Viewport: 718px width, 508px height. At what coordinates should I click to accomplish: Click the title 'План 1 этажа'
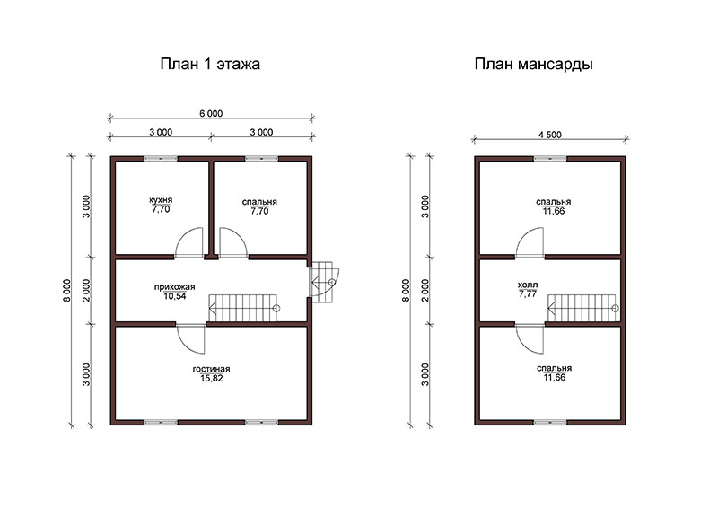point(210,64)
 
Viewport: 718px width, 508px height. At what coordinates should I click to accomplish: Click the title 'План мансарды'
point(533,64)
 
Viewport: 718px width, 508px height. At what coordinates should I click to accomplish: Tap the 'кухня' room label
point(161,200)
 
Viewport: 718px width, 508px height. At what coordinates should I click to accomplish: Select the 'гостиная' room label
point(211,369)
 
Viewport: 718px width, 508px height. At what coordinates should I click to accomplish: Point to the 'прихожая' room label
point(174,287)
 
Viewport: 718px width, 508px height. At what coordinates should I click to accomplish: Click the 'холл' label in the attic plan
point(528,285)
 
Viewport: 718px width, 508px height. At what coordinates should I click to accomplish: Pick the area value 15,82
point(211,379)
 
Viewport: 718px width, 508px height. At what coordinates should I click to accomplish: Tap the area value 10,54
point(174,296)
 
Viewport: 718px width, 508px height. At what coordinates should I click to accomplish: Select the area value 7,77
point(528,294)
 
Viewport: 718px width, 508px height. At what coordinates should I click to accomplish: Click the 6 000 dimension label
point(211,113)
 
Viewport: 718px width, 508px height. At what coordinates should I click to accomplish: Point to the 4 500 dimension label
point(549,135)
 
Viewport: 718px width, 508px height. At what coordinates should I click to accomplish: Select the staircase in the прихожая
point(244,308)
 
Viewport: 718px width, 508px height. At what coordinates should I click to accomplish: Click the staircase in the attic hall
point(582,308)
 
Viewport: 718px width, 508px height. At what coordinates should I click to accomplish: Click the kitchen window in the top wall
point(161,159)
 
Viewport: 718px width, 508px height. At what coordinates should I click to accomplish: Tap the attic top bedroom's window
point(550,159)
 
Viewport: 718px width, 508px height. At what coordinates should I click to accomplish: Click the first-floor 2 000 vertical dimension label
point(87,290)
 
